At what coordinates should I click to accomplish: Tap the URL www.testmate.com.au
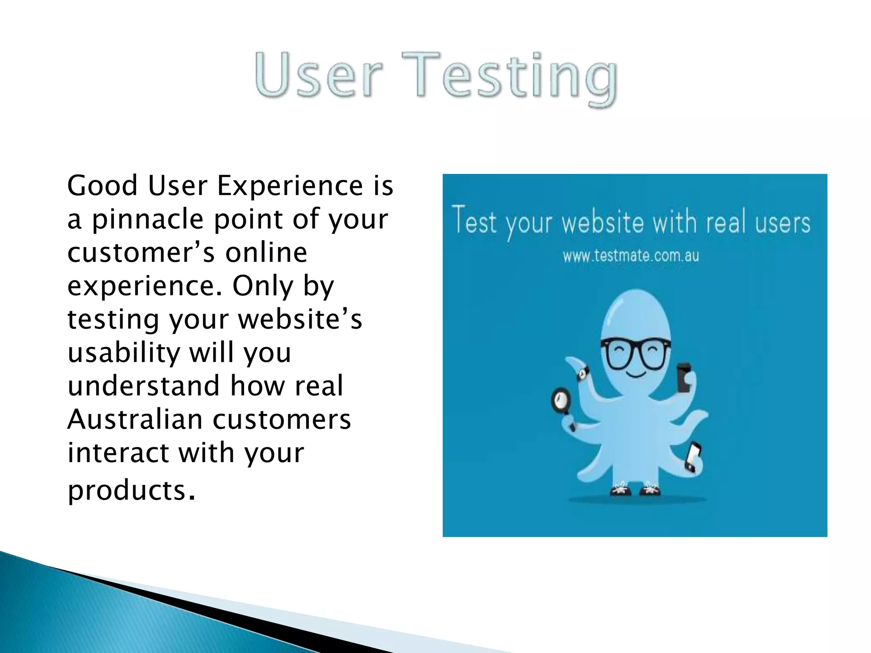(631, 256)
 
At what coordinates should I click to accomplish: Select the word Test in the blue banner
(474, 221)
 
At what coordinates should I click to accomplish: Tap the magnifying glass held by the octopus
(561, 400)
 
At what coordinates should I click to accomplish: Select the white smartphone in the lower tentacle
(694, 457)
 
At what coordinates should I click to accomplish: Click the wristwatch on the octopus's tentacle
(582, 373)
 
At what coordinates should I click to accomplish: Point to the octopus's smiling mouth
(635, 375)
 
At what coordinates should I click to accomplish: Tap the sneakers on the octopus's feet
(635, 489)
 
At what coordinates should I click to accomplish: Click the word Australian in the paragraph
(135, 419)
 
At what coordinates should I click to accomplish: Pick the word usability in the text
(124, 353)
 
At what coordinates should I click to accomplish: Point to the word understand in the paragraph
(144, 386)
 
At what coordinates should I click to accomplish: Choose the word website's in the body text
(299, 319)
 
